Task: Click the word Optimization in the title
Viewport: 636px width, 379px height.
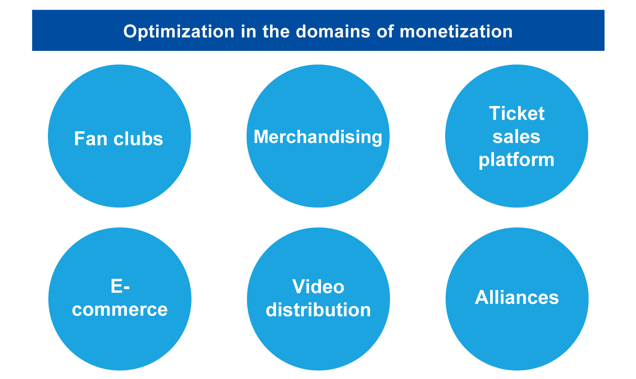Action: pyautogui.click(x=179, y=32)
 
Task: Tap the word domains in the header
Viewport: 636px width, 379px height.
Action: pyautogui.click(x=333, y=31)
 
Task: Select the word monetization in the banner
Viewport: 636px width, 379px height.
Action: pyautogui.click(x=456, y=31)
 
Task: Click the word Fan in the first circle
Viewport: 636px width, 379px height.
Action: pyautogui.click(x=91, y=139)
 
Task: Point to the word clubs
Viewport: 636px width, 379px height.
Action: pyautogui.click(x=138, y=139)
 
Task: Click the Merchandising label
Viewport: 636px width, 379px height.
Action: pyautogui.click(x=318, y=137)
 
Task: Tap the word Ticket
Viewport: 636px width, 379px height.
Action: pyautogui.click(x=517, y=113)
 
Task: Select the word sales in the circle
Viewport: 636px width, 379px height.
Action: pyautogui.click(x=516, y=137)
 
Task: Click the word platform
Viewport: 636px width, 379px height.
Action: pyautogui.click(x=516, y=160)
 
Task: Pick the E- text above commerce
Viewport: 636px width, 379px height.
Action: pyautogui.click(x=120, y=286)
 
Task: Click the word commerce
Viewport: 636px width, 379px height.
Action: pyautogui.click(x=120, y=309)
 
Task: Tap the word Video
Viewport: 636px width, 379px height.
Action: pyautogui.click(x=318, y=287)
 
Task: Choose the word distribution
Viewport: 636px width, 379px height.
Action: pyautogui.click(x=318, y=309)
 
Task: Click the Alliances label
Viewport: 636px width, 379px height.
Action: pyautogui.click(x=517, y=298)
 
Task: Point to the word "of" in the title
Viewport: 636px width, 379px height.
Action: pyautogui.click(x=385, y=31)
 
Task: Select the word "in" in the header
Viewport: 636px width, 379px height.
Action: pyautogui.click(x=248, y=31)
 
